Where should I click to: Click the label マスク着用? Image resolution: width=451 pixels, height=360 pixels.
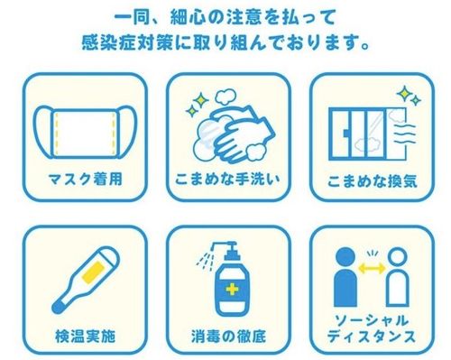(86, 180)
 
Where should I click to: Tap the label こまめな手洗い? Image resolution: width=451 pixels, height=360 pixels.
(227, 179)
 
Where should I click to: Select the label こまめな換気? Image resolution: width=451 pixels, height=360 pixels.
(373, 181)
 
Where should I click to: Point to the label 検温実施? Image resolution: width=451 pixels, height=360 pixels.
(86, 336)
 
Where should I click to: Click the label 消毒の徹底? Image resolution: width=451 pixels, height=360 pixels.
(228, 336)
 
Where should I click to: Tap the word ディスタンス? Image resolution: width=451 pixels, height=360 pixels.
(372, 337)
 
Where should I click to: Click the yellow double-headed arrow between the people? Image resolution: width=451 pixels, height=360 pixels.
(372, 268)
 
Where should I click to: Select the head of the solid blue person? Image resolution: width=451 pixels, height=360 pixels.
(345, 257)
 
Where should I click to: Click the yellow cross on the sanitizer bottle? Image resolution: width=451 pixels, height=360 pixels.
(232, 290)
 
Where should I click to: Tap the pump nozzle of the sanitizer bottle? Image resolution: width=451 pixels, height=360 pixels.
(223, 245)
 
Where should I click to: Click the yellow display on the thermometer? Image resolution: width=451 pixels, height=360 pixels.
(94, 272)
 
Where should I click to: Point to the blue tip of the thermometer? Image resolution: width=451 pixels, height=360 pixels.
(58, 308)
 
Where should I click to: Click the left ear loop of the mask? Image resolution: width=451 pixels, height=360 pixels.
(43, 133)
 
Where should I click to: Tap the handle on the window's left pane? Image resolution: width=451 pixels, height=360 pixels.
(345, 134)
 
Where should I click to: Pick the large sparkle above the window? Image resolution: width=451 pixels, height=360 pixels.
(404, 94)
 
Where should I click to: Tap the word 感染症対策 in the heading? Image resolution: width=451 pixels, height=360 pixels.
(127, 43)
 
